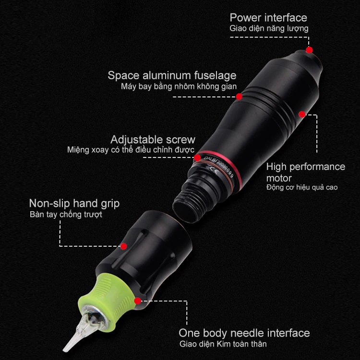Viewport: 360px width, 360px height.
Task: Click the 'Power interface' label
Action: coord(268,18)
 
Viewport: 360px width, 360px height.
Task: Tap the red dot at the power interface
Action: coord(310,49)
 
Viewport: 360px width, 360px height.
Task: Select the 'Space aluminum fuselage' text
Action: coord(172,75)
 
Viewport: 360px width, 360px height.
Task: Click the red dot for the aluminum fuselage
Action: coord(239,96)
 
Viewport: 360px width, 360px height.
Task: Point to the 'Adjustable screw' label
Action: coord(153,140)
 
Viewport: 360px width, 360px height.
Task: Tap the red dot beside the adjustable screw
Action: coord(197,157)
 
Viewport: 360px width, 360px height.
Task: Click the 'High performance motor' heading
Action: coord(305,172)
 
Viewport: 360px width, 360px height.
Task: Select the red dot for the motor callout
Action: coord(302,114)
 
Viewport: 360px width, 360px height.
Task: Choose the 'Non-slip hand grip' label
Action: coord(74,204)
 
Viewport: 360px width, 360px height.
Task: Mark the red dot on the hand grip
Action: coord(123,246)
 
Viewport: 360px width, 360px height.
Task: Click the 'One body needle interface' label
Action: coord(244,333)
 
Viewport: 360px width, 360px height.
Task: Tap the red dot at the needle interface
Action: coord(138,301)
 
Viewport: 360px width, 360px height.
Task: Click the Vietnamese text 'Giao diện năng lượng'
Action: coord(269,29)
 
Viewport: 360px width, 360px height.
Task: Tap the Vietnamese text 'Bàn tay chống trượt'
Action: coord(66,215)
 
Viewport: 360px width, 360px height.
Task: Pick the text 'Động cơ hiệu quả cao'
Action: coord(301,187)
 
